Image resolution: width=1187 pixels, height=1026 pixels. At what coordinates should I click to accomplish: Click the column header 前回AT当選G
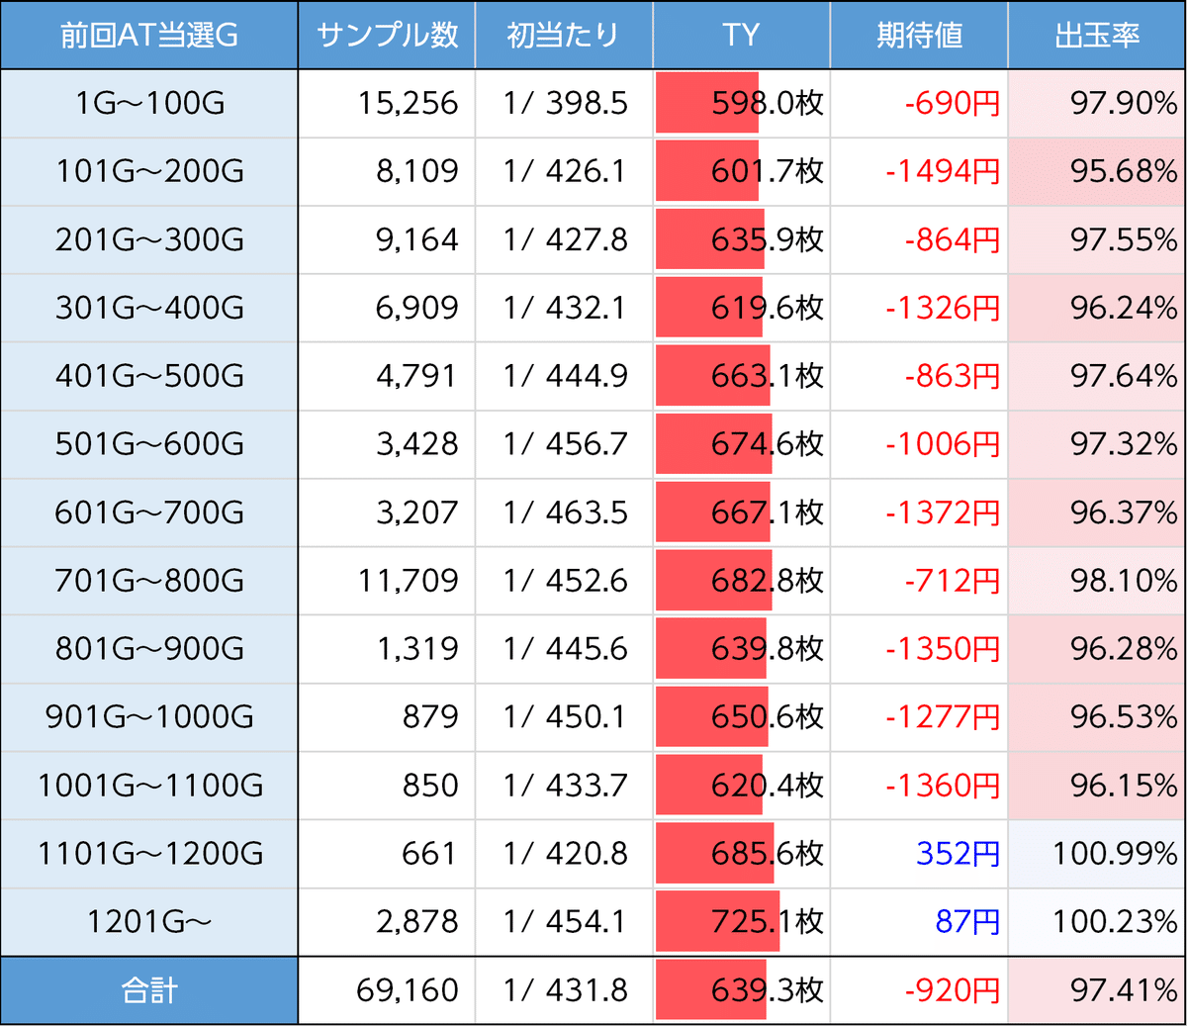point(149,36)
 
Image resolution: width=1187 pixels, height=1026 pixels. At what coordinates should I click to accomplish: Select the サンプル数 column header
point(387,36)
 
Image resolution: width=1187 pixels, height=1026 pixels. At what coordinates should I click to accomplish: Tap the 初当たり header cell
point(563,36)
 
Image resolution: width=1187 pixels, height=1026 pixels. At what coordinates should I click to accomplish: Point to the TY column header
point(741,36)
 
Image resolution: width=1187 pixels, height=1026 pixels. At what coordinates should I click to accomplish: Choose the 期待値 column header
point(919,36)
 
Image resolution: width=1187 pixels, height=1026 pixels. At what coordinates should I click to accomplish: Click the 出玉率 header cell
point(1097,36)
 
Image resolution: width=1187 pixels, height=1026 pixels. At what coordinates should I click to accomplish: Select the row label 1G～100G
point(149,103)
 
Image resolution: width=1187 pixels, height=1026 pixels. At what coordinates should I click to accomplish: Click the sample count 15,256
point(408,103)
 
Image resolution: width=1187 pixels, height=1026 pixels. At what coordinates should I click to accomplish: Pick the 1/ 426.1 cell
point(565,171)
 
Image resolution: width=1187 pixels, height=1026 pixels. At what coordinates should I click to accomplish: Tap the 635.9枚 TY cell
point(767,239)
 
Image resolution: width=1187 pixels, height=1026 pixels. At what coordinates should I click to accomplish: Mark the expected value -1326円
point(942,308)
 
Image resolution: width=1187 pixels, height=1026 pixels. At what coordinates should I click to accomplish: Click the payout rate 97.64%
point(1124,376)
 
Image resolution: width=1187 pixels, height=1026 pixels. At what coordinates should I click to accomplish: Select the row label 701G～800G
point(149,581)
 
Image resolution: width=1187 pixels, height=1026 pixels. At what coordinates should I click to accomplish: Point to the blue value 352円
point(958,853)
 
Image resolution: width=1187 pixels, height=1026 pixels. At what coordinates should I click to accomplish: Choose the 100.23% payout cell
point(1115,921)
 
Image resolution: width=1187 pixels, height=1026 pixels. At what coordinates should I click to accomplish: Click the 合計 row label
point(149,990)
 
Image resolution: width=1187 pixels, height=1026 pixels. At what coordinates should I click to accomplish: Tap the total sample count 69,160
point(408,990)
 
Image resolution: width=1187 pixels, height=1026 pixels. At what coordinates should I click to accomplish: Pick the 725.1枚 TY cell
point(767,921)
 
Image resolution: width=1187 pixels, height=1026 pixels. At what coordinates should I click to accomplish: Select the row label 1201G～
point(149,921)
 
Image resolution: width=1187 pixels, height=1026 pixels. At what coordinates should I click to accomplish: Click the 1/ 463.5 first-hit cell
point(565,513)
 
